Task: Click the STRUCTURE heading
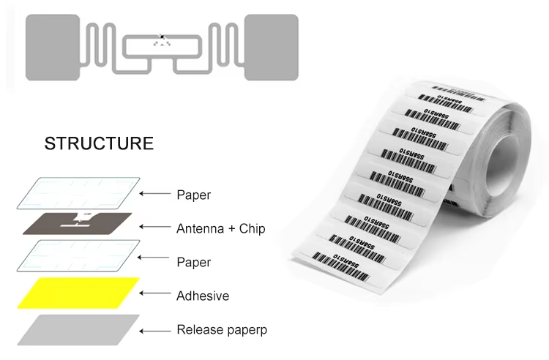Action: click(99, 143)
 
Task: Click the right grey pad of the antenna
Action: click(271, 46)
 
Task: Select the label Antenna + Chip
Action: click(220, 229)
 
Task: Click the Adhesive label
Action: click(203, 296)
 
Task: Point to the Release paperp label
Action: click(222, 330)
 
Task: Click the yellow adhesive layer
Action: click(78, 293)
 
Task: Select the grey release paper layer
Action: click(78, 329)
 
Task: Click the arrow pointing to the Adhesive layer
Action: click(154, 294)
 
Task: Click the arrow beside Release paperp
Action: click(154, 330)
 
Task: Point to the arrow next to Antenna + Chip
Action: click(154, 228)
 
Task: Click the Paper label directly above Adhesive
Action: click(193, 263)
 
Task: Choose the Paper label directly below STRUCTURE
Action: click(193, 195)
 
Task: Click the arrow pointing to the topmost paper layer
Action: click(154, 194)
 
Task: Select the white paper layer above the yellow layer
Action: click(78, 258)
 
